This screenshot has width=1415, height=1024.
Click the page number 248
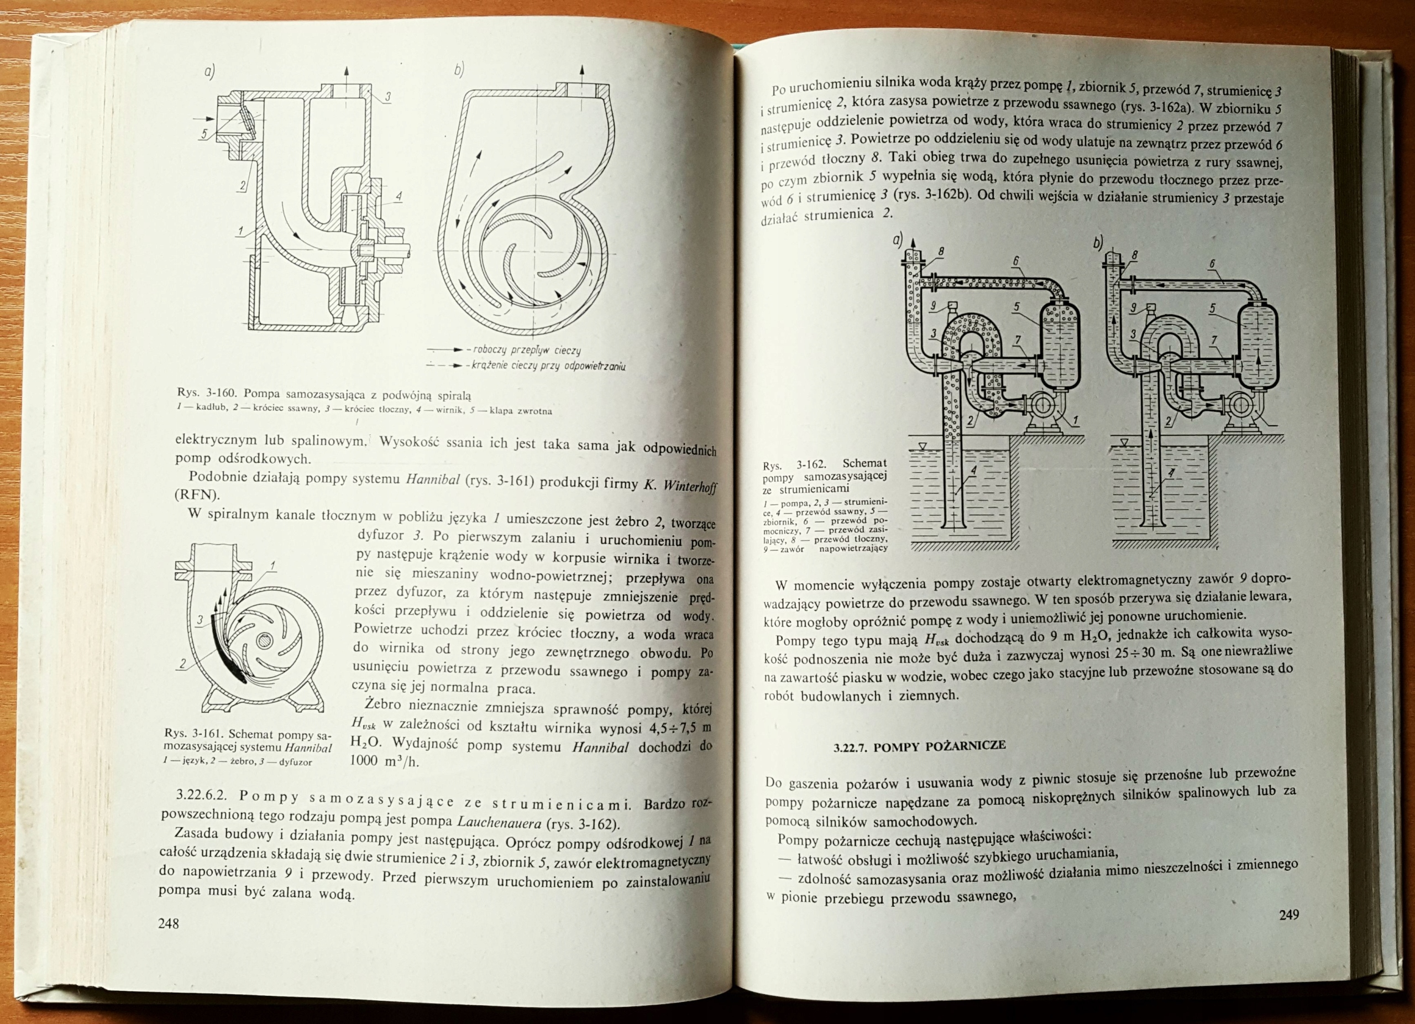(x=169, y=923)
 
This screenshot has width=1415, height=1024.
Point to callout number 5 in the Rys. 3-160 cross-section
(x=204, y=133)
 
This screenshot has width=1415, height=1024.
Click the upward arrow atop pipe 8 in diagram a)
(x=912, y=244)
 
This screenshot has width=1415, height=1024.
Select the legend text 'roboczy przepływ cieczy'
(x=527, y=351)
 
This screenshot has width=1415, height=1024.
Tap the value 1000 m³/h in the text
(x=382, y=760)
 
